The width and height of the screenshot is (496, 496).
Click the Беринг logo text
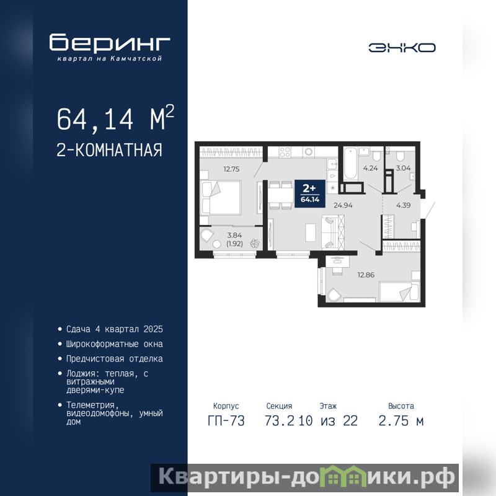coord(110,43)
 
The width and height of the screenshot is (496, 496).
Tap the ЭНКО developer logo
coord(402,48)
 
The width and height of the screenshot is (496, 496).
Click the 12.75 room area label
coord(231,169)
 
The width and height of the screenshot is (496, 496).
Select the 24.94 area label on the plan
coord(343,205)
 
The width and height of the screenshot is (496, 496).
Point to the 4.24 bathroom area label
coord(370,168)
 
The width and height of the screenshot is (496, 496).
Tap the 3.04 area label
coord(404,168)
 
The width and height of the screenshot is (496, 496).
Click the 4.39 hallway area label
coord(404,205)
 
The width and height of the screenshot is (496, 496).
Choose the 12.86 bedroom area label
coord(366,275)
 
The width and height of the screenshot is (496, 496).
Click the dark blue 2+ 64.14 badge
coord(310,193)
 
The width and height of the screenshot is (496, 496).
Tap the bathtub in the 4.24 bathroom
coord(350,163)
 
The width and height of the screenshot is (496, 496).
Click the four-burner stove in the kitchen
coord(285,152)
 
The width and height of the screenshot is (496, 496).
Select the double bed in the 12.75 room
coord(221,198)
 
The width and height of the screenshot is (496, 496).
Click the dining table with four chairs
coord(281,195)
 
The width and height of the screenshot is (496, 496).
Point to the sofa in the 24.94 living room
coord(333,231)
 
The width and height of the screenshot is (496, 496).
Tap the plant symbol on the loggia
coord(255,243)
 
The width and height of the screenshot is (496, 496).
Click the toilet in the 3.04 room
coord(400,156)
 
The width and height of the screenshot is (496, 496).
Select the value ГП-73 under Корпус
coord(226,421)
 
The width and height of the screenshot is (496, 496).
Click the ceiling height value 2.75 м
coord(401,421)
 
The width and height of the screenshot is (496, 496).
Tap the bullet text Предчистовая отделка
coord(115,359)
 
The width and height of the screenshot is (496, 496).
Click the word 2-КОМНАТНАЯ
coord(110,150)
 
